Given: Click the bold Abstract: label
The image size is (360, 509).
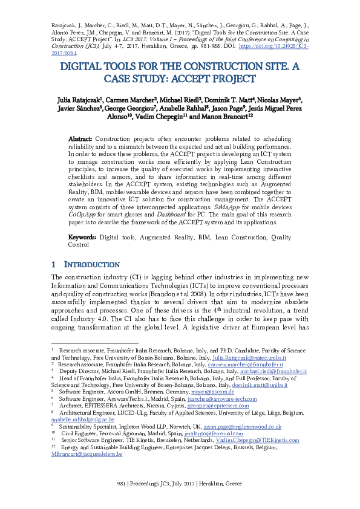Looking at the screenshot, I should [80, 138].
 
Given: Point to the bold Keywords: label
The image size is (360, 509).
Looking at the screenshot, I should [82, 238].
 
